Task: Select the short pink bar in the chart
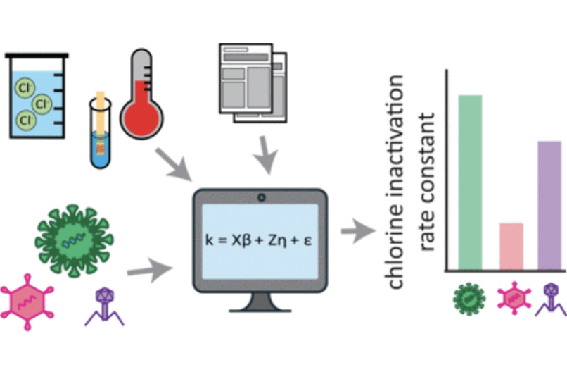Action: (x=511, y=246)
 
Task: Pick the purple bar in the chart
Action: (x=549, y=205)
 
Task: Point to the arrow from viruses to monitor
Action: (x=150, y=268)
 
